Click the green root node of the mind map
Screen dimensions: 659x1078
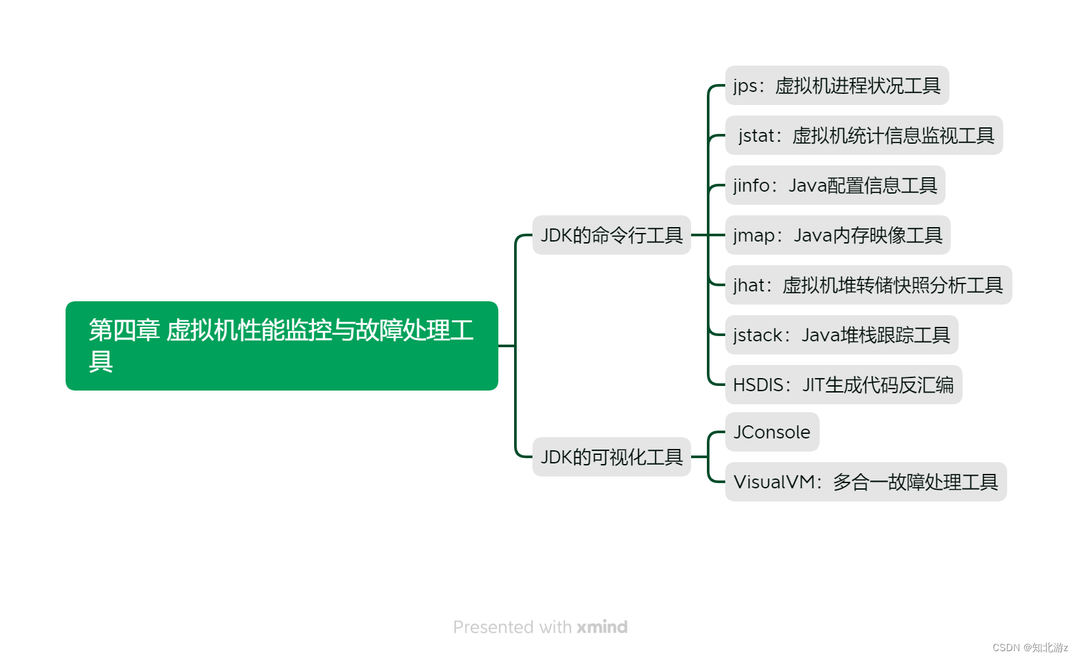pyautogui.click(x=281, y=345)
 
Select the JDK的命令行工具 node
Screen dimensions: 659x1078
pyautogui.click(x=611, y=235)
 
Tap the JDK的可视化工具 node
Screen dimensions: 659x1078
pyautogui.click(x=611, y=457)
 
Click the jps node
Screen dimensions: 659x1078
pyautogui.click(x=837, y=85)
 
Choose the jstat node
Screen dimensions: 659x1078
pyautogui.click(x=864, y=135)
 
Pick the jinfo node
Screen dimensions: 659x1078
pyautogui.click(x=835, y=185)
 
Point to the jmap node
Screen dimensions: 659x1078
pyautogui.click(x=837, y=235)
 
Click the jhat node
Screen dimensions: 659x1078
pyautogui.click(x=868, y=285)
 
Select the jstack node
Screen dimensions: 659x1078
pyautogui.click(x=841, y=335)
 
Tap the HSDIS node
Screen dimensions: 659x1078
pyautogui.click(x=843, y=385)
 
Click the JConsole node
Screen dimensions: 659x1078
pyautogui.click(x=772, y=432)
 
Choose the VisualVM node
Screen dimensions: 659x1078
pyautogui.click(x=866, y=482)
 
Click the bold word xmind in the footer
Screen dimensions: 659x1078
pyautogui.click(x=602, y=627)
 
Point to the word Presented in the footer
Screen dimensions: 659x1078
pyautogui.click(x=493, y=627)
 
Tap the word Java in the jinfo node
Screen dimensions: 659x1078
pyautogui.click(x=807, y=186)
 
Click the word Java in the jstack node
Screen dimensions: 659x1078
pyautogui.click(x=820, y=335)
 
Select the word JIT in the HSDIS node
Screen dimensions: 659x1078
pyautogui.click(x=813, y=385)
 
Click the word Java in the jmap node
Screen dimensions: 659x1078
pyautogui.click(x=812, y=236)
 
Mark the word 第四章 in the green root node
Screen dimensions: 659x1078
pyautogui.click(x=124, y=330)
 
